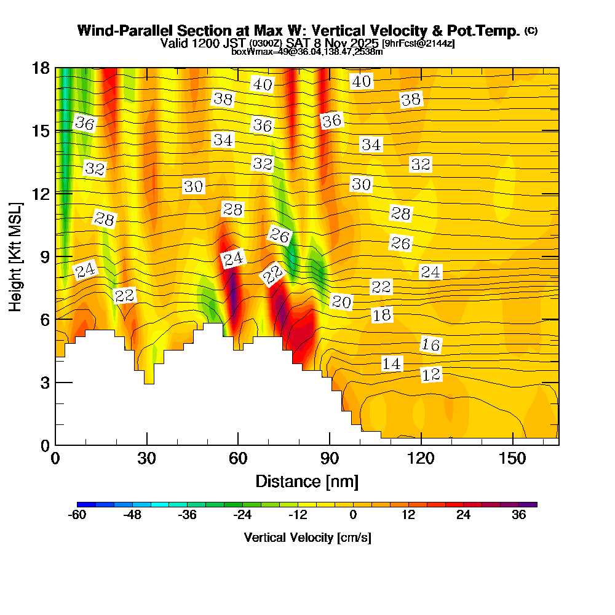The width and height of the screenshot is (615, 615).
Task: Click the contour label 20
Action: [341, 301]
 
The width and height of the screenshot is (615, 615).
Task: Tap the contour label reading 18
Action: [382, 315]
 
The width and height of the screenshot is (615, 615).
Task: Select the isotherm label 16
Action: [431, 345]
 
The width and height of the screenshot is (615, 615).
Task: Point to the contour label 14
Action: [391, 364]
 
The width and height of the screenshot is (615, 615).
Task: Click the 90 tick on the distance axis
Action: [330, 458]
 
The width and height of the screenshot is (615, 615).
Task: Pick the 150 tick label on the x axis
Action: [512, 458]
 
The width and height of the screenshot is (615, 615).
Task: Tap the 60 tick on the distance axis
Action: [238, 458]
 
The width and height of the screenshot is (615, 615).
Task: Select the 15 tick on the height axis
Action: [41, 131]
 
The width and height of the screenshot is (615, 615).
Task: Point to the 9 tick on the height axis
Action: [44, 256]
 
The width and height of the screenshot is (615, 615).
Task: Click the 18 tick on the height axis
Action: [41, 68]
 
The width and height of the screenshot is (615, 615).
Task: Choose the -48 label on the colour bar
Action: [133, 515]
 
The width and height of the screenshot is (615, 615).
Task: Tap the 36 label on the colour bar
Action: [518, 515]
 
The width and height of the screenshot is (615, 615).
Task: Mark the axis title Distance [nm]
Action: [307, 481]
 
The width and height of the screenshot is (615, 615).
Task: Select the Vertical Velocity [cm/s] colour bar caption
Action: [307, 538]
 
